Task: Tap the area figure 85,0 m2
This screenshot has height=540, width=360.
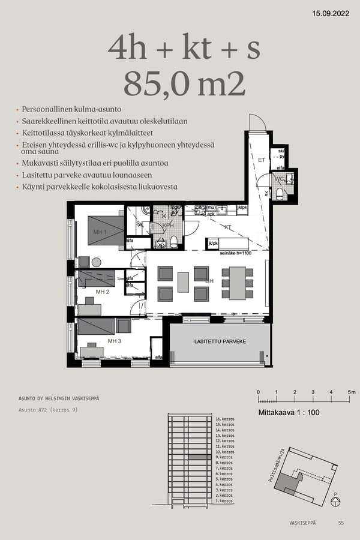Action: coord(184,84)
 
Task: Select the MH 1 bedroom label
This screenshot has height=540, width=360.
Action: coord(100,232)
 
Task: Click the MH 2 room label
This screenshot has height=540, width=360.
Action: coord(102,292)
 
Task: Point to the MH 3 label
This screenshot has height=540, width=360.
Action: coord(115,341)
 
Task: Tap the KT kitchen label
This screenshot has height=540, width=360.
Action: coord(229,228)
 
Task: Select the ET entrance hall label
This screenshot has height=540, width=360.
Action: coord(262,160)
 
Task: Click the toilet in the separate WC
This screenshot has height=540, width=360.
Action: coord(280,193)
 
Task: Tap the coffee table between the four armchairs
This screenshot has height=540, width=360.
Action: coord(184,283)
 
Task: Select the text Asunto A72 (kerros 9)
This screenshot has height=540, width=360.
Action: coord(48,410)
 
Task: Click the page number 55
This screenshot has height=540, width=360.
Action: coord(341,523)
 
